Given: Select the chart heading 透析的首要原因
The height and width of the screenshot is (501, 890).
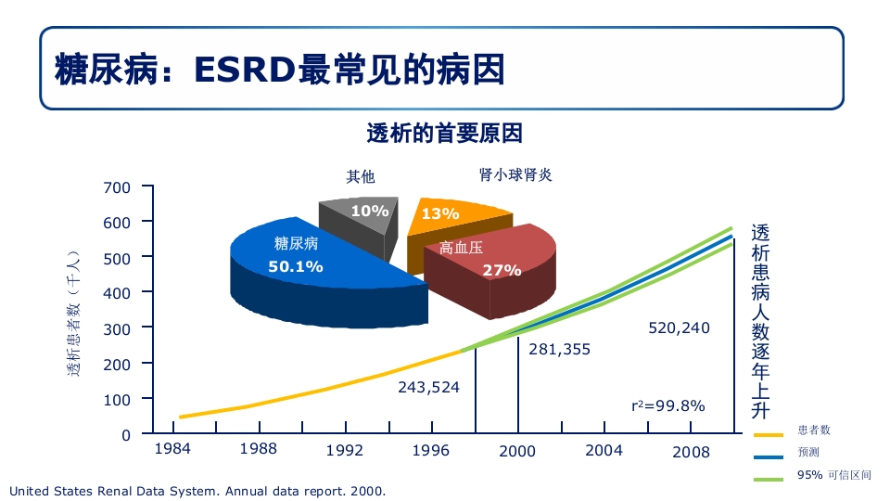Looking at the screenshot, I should click(x=445, y=134).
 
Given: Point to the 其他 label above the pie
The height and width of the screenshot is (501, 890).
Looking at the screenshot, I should click(x=361, y=176).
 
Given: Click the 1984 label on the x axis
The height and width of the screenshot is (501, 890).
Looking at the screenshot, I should click(x=172, y=449).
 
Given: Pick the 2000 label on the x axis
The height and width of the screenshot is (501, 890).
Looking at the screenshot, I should click(x=517, y=452).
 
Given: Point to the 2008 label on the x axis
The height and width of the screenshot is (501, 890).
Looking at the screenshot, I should click(x=691, y=452).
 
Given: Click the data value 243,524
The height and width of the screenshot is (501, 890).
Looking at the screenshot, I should click(x=428, y=387).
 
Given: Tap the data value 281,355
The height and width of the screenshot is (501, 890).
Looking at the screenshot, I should click(x=559, y=350).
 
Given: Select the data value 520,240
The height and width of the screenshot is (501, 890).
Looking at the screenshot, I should click(x=679, y=328).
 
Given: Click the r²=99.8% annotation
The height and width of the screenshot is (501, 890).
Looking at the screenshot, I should click(x=667, y=405).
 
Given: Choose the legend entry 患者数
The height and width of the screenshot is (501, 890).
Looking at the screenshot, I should click(x=813, y=430).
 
